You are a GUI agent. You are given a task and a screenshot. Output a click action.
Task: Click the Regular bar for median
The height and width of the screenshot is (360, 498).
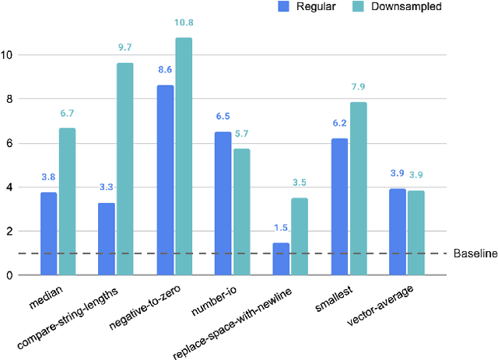click(48, 233)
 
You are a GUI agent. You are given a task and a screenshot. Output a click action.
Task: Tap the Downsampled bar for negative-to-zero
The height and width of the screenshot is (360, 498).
click(184, 156)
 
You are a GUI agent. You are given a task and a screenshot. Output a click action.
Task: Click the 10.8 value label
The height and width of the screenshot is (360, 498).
click(184, 24)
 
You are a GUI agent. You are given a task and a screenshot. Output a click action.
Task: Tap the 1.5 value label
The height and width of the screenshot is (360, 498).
click(281, 229)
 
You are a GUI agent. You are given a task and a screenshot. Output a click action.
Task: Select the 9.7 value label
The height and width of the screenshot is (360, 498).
click(125, 48)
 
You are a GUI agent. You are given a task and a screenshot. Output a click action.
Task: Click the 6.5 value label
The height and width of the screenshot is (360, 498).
click(223, 117)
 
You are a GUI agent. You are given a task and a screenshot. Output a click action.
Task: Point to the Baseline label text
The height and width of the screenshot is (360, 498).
click(475, 254)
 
